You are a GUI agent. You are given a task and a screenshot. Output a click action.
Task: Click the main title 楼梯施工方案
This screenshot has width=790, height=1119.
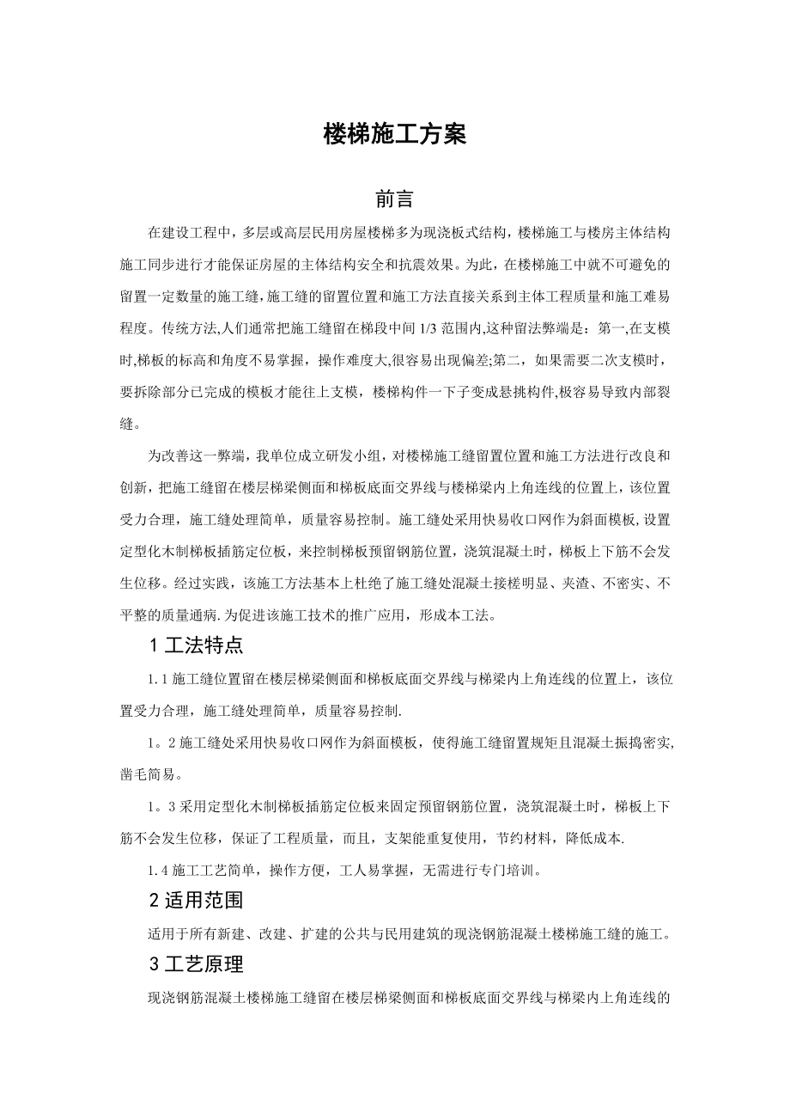pos(394,134)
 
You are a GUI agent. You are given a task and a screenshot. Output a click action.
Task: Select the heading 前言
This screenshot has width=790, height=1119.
pos(394,199)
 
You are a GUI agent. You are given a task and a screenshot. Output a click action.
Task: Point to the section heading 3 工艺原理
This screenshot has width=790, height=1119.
pos(197,964)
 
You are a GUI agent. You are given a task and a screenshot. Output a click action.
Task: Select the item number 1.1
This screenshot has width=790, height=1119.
pos(159,679)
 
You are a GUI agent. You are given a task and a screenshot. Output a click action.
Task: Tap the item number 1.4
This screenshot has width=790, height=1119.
pos(159,870)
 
